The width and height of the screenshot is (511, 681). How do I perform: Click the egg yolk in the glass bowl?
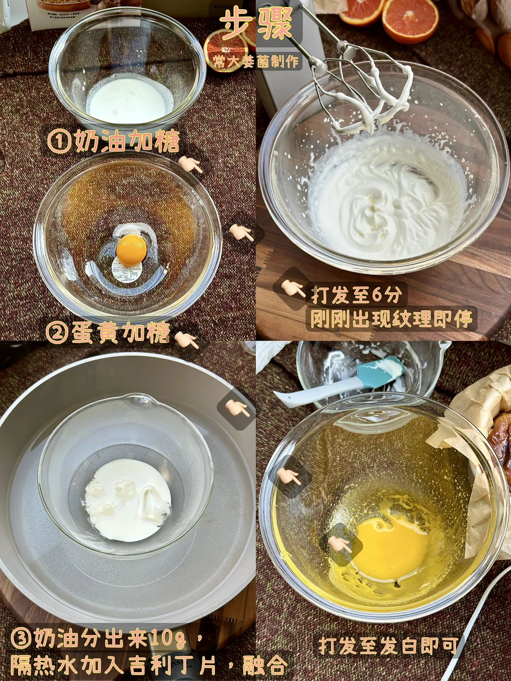point(132,248)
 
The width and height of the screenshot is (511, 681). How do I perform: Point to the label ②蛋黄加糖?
point(108,332)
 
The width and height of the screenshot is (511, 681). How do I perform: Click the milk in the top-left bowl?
point(129,100)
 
